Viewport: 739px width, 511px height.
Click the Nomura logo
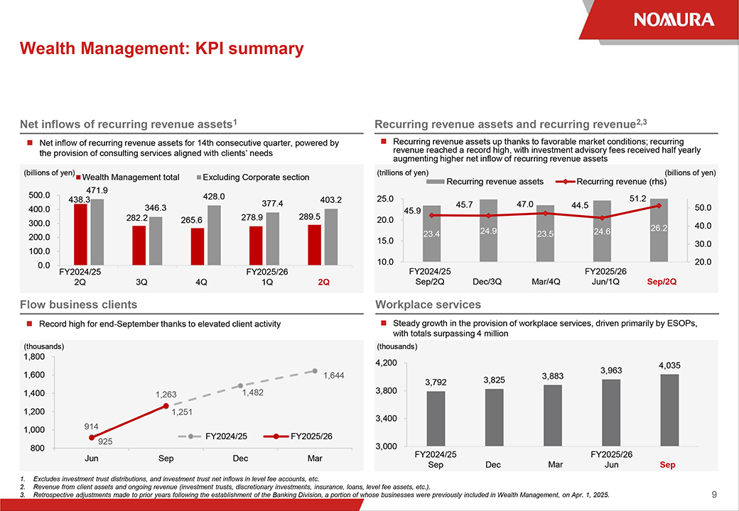[674, 19]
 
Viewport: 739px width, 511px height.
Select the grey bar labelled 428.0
[213, 235]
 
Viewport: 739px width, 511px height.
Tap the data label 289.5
[314, 216]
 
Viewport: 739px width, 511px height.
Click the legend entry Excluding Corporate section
[252, 177]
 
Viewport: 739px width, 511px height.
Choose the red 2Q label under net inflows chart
[324, 282]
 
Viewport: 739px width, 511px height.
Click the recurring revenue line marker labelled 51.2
[659, 206]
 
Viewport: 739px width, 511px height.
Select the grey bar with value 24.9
[488, 230]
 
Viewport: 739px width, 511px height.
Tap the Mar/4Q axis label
[546, 282]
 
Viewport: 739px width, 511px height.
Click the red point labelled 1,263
[166, 406]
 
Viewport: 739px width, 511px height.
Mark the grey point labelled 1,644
[315, 370]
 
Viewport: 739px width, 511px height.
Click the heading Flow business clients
[79, 304]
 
